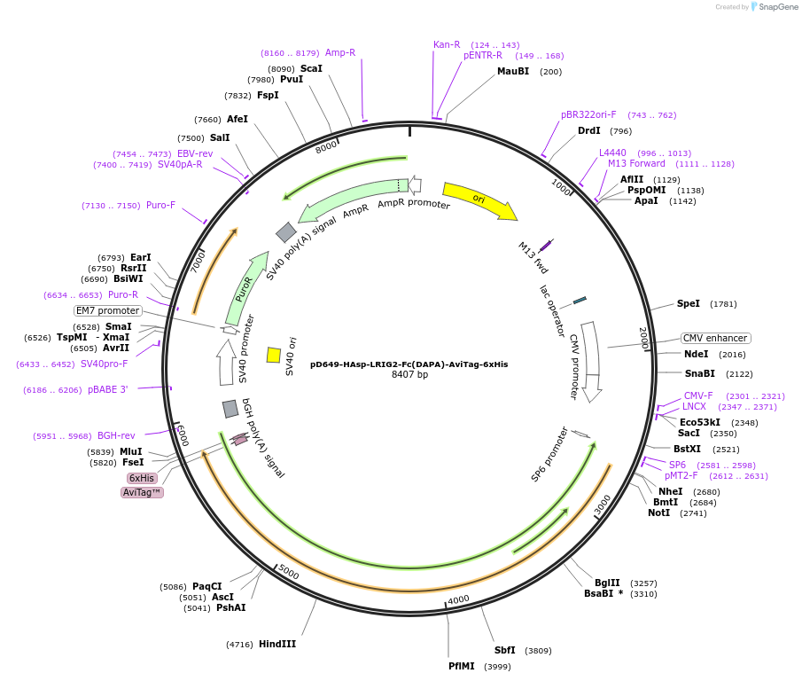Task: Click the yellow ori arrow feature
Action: (479, 200)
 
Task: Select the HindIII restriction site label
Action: (277, 645)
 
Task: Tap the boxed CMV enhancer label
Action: (715, 339)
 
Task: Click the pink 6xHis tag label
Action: (142, 478)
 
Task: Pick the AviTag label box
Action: (142, 492)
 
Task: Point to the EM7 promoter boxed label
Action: (108, 311)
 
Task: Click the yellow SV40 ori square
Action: (274, 355)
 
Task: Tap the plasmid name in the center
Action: (409, 364)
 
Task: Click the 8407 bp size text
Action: (409, 375)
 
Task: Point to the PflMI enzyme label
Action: (461, 666)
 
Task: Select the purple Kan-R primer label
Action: (447, 44)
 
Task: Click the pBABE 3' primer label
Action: (107, 390)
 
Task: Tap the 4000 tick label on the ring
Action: (458, 599)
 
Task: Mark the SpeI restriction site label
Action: (688, 304)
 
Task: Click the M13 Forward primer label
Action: (636, 163)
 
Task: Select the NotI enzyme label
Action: (658, 513)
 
